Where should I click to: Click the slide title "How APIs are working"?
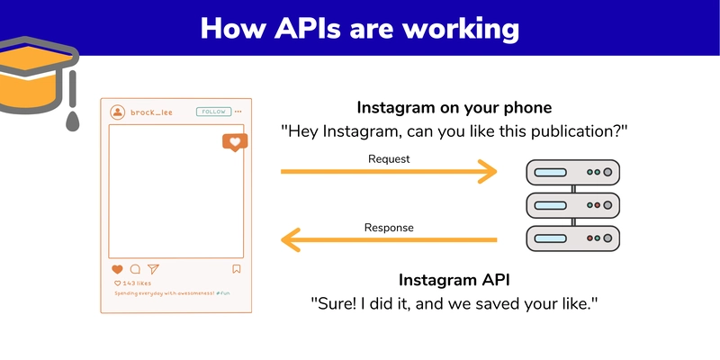(x=360, y=28)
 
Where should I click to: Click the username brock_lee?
(x=151, y=112)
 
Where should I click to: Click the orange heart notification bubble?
(x=234, y=142)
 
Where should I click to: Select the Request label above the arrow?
(x=389, y=158)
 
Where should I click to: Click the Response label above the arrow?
(x=389, y=228)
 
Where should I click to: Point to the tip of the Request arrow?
(x=496, y=170)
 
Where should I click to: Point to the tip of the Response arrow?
(x=283, y=239)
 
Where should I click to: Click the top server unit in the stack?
(x=573, y=171)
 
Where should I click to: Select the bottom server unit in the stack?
(x=573, y=238)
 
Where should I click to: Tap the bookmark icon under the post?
(x=237, y=268)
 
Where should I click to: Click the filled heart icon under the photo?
(x=117, y=269)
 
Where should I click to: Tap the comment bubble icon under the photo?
(x=135, y=269)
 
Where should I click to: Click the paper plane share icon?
(x=153, y=269)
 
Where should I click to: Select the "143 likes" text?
(x=136, y=283)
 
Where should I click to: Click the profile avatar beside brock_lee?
(x=117, y=112)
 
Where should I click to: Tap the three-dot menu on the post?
(x=238, y=112)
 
